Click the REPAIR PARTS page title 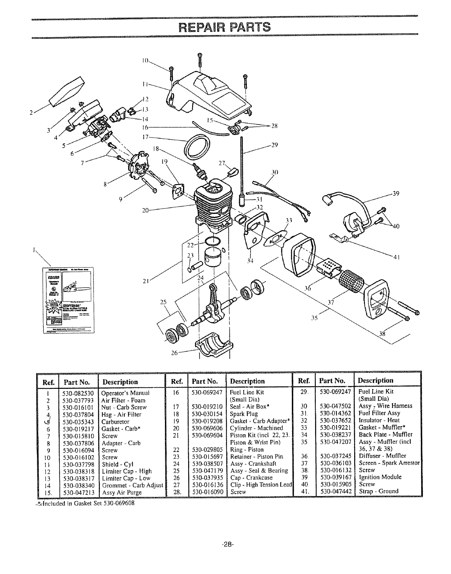coord(225,28)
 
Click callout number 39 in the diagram coord(396,194)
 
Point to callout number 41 coord(396,257)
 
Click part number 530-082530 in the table coord(78,393)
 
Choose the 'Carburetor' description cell coord(115,422)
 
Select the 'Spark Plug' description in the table coord(244,413)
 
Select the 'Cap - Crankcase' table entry coord(251,478)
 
